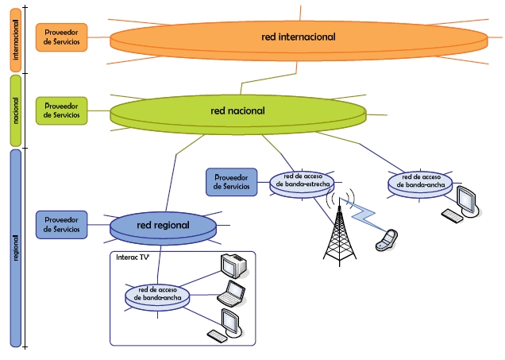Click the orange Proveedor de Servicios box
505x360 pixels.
(61, 37)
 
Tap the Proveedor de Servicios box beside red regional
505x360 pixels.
(61, 225)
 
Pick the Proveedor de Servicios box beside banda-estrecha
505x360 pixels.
(231, 182)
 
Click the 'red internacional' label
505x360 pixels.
(298, 37)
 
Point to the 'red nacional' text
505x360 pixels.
(237, 110)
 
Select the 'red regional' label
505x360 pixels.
(163, 225)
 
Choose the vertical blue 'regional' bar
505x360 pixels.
(16, 246)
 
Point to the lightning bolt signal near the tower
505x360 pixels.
(365, 215)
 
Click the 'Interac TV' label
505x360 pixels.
(133, 258)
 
